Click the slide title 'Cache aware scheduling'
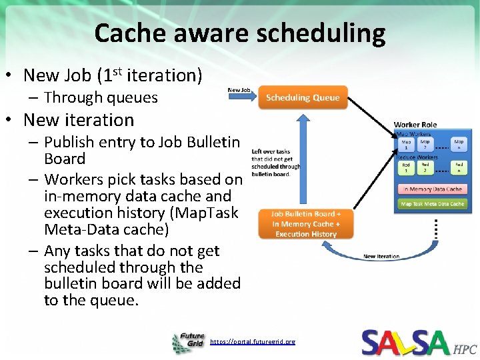pos(240,33)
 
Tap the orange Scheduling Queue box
pos(303,97)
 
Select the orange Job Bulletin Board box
pos(306,224)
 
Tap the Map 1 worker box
pos(406,144)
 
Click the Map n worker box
pos(459,144)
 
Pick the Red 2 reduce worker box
pos(425,167)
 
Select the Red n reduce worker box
pos(459,167)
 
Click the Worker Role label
pos(415,124)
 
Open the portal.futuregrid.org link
pos(252,341)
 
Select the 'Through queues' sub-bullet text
pos(101,97)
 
